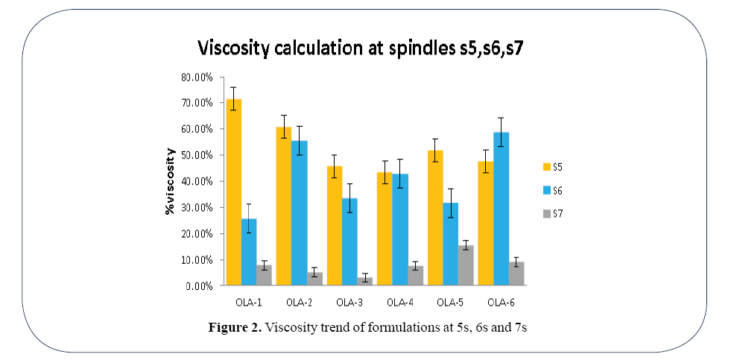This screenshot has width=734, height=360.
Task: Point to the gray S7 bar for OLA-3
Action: point(365,281)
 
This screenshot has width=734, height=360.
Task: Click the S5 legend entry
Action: point(555,165)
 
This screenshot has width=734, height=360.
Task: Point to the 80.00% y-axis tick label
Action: point(197,77)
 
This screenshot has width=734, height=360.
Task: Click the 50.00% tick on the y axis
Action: point(197,155)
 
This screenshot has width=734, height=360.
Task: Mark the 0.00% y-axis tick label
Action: point(199,286)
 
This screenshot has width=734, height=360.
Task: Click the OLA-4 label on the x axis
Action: point(399,302)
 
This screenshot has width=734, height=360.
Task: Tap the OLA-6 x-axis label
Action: point(499,302)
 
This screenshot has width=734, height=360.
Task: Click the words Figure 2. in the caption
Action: point(238,329)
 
